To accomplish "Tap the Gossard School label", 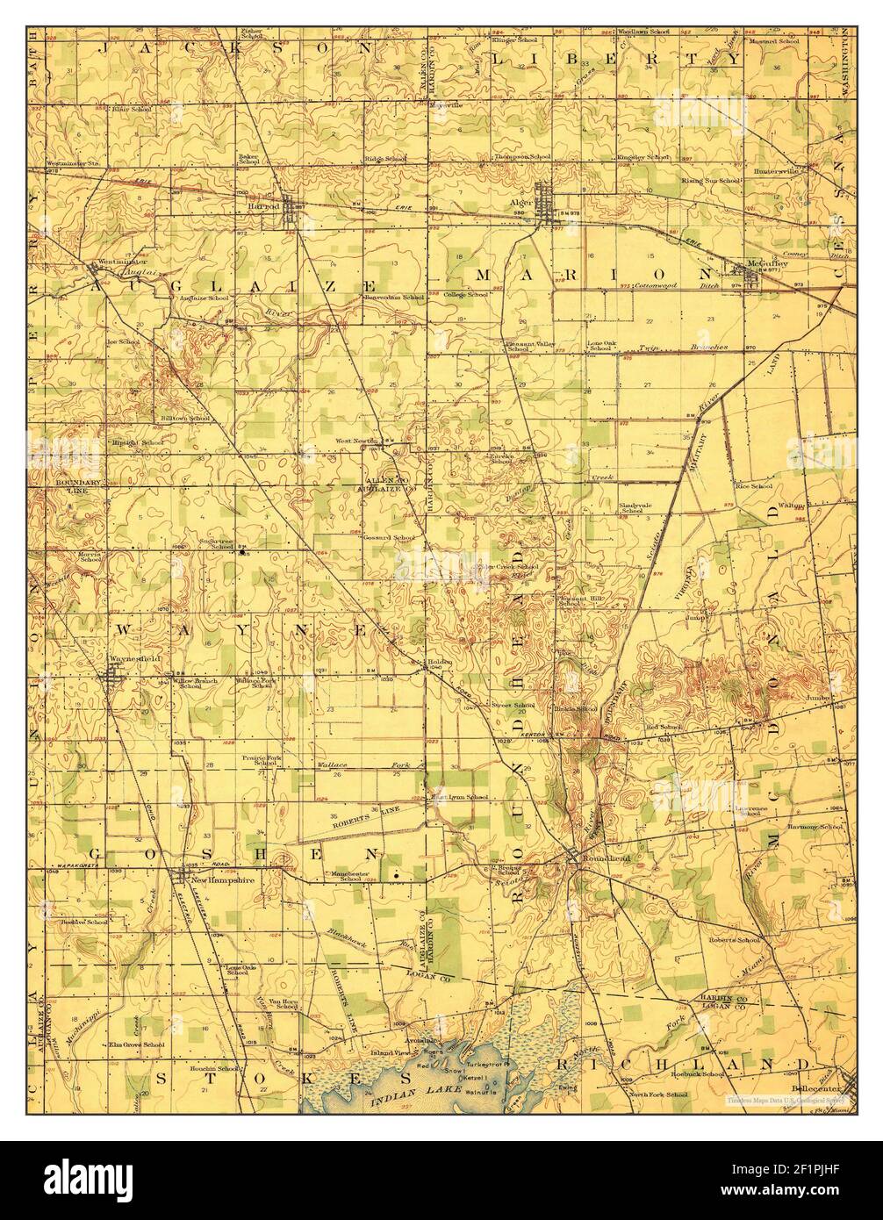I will [391, 537].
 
